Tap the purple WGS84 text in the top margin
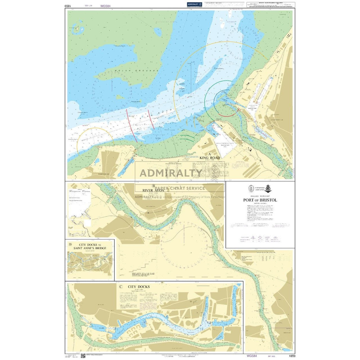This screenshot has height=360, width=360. click(105, 6)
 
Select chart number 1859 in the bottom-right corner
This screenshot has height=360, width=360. click(291, 356)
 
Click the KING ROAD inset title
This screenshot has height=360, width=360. click(210, 158)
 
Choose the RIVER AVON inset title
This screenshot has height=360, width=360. click(153, 190)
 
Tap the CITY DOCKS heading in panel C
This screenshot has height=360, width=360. click(139, 287)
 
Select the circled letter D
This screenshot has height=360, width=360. click(70, 244)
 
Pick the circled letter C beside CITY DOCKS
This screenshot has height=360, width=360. click(120, 287)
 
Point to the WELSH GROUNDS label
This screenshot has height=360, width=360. click(133, 71)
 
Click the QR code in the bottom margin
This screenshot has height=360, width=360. click(83, 356)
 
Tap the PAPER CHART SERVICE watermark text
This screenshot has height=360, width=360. click(180, 188)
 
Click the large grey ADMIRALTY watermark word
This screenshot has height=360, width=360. click(171, 173)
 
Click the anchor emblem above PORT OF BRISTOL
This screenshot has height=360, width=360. click(268, 189)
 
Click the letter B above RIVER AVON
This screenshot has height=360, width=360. click(153, 186)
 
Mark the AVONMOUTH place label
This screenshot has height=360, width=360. click(277, 120)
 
